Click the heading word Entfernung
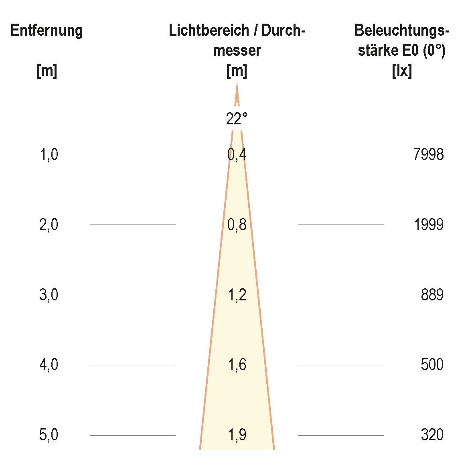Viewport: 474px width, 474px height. pyautogui.click(x=47, y=30)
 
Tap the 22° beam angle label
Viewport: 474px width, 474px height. pyautogui.click(x=237, y=119)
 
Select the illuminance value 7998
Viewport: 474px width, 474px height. pyautogui.click(x=428, y=155)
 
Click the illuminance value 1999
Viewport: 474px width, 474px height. pyautogui.click(x=428, y=225)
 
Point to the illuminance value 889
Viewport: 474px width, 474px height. pyautogui.click(x=432, y=295)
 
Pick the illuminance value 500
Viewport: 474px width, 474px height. pyautogui.click(x=432, y=365)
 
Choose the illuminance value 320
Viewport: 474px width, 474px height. pyautogui.click(x=432, y=435)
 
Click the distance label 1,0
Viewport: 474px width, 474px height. pyautogui.click(x=49, y=155)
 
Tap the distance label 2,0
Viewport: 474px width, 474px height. pyautogui.click(x=49, y=225)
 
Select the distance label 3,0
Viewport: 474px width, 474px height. pyautogui.click(x=49, y=295)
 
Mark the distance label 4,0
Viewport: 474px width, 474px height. pyautogui.click(x=49, y=365)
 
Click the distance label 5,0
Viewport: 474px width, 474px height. pyautogui.click(x=49, y=435)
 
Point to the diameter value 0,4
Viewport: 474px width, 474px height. pyautogui.click(x=237, y=155)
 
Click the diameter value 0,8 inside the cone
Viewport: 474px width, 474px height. pyautogui.click(x=237, y=225)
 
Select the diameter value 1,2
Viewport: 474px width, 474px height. pyautogui.click(x=237, y=295)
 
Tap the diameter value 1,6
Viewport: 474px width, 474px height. pyautogui.click(x=237, y=365)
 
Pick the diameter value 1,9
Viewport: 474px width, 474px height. pyautogui.click(x=237, y=435)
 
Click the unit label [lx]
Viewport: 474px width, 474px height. pyautogui.click(x=401, y=71)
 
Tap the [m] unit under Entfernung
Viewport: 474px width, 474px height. pyautogui.click(x=47, y=71)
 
